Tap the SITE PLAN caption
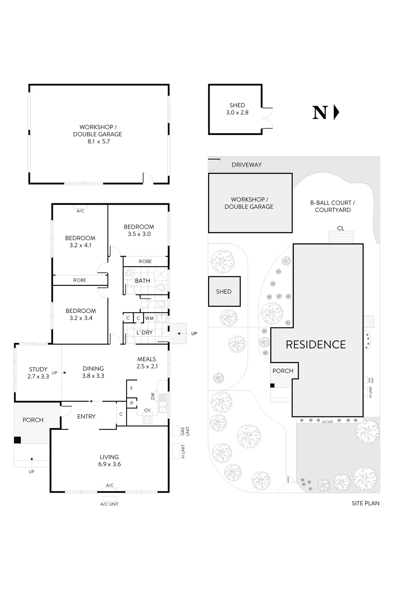pos(365,503)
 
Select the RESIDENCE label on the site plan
pos(316,345)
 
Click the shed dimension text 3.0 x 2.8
pos(237,113)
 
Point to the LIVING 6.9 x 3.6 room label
pos(109,460)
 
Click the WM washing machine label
pos(149,318)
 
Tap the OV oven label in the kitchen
pos(147,410)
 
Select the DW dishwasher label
pos(153,396)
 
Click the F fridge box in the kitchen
pos(131,388)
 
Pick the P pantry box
pos(131,403)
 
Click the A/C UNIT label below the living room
pos(109,504)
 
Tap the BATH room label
pos(142,281)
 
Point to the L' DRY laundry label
pos(144,332)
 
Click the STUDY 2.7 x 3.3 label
pos(38,373)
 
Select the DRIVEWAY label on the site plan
pos(247,165)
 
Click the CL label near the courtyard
pos(340,228)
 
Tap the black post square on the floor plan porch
pos(17,440)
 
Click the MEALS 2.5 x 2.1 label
pos(147,362)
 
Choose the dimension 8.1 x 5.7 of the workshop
pos(98,142)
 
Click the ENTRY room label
pos(86,416)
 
